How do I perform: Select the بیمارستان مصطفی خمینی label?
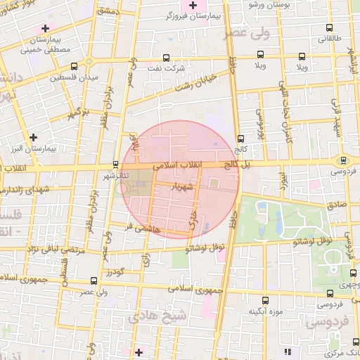[x=54, y=45]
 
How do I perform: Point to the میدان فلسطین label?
[x=74, y=77]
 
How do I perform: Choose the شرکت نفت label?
[x=164, y=68]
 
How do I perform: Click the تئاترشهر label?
[x=115, y=174]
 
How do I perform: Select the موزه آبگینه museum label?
[x=264, y=310]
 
